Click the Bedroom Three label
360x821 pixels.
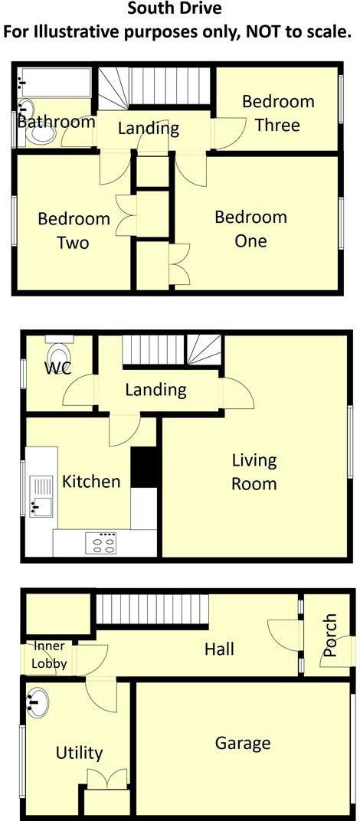pyautogui.click(x=278, y=113)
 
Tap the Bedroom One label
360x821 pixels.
pyautogui.click(x=251, y=229)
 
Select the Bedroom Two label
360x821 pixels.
pyautogui.click(x=74, y=231)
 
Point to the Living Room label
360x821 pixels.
pyautogui.click(x=254, y=472)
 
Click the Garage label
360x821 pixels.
pyautogui.click(x=243, y=742)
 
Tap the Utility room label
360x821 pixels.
pyautogui.click(x=79, y=753)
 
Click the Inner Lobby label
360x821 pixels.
pyautogui.click(x=49, y=655)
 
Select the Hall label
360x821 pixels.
pyautogui.click(x=219, y=649)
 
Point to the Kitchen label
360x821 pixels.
pyautogui.click(x=91, y=481)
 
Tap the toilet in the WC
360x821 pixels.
pyautogui.click(x=59, y=352)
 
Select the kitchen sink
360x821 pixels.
pyautogui.click(x=41, y=496)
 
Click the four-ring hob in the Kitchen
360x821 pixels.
pyautogui.click(x=101, y=543)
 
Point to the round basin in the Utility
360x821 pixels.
pyautogui.click(x=37, y=702)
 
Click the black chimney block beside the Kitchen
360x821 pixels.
pyautogui.click(x=144, y=467)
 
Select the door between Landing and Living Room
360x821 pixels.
pyautogui.click(x=237, y=392)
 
